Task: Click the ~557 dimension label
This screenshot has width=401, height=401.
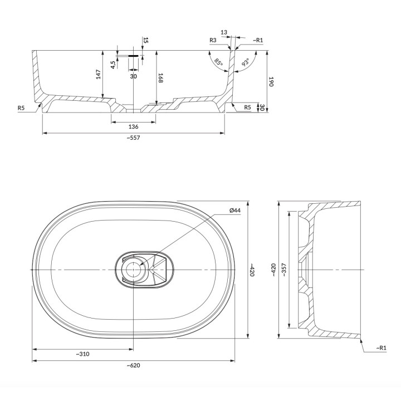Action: coord(133,138)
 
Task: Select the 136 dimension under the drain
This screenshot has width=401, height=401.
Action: coord(133,126)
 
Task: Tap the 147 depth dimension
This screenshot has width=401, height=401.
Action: coord(98,75)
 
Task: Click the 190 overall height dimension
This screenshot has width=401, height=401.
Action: coord(271,81)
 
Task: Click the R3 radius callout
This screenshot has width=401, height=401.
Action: coord(213,40)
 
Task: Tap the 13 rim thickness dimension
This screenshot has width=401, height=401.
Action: coord(224,33)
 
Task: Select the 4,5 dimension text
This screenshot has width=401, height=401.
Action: coord(113,63)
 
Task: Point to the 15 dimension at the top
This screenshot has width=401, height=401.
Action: coord(146,40)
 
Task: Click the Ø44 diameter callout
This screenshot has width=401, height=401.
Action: coord(234,210)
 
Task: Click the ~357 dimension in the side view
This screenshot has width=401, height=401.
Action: coord(283,270)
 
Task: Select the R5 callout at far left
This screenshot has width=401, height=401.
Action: coord(21,107)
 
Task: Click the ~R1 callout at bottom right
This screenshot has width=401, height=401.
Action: coord(381,348)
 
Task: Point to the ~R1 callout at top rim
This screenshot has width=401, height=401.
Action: coord(258,40)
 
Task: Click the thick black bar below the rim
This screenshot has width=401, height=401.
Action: coord(133,56)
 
